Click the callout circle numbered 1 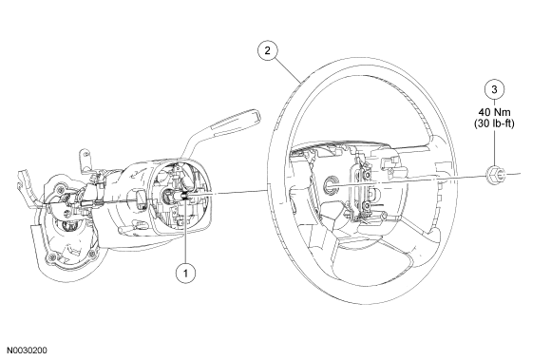coord(185,273)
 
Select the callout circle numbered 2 coord(267,50)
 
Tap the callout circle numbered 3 coord(494,89)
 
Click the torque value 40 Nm coord(494,112)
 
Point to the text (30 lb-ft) coord(494,123)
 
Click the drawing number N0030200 coord(27,351)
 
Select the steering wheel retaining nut coord(496,174)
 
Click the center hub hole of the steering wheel coord(330,184)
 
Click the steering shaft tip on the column coord(185,196)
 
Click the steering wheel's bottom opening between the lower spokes coord(373,266)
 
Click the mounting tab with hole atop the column coord(85,160)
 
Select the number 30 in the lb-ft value coord(483,123)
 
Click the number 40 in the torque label coord(484,112)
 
